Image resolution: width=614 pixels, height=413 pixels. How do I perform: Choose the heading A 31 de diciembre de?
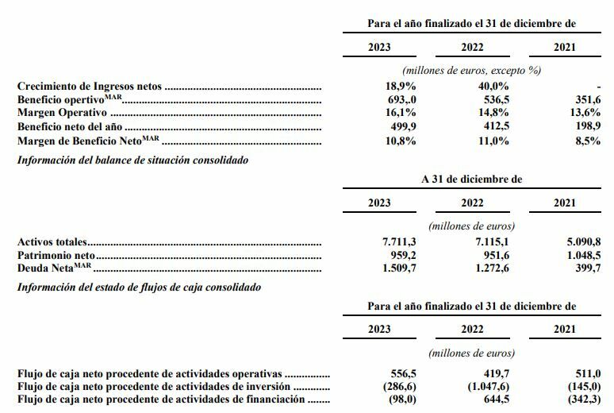coord(471,179)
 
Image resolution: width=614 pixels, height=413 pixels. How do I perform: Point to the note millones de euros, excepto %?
coord(471,71)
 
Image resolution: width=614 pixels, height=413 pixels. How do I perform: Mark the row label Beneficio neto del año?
coord(69,126)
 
